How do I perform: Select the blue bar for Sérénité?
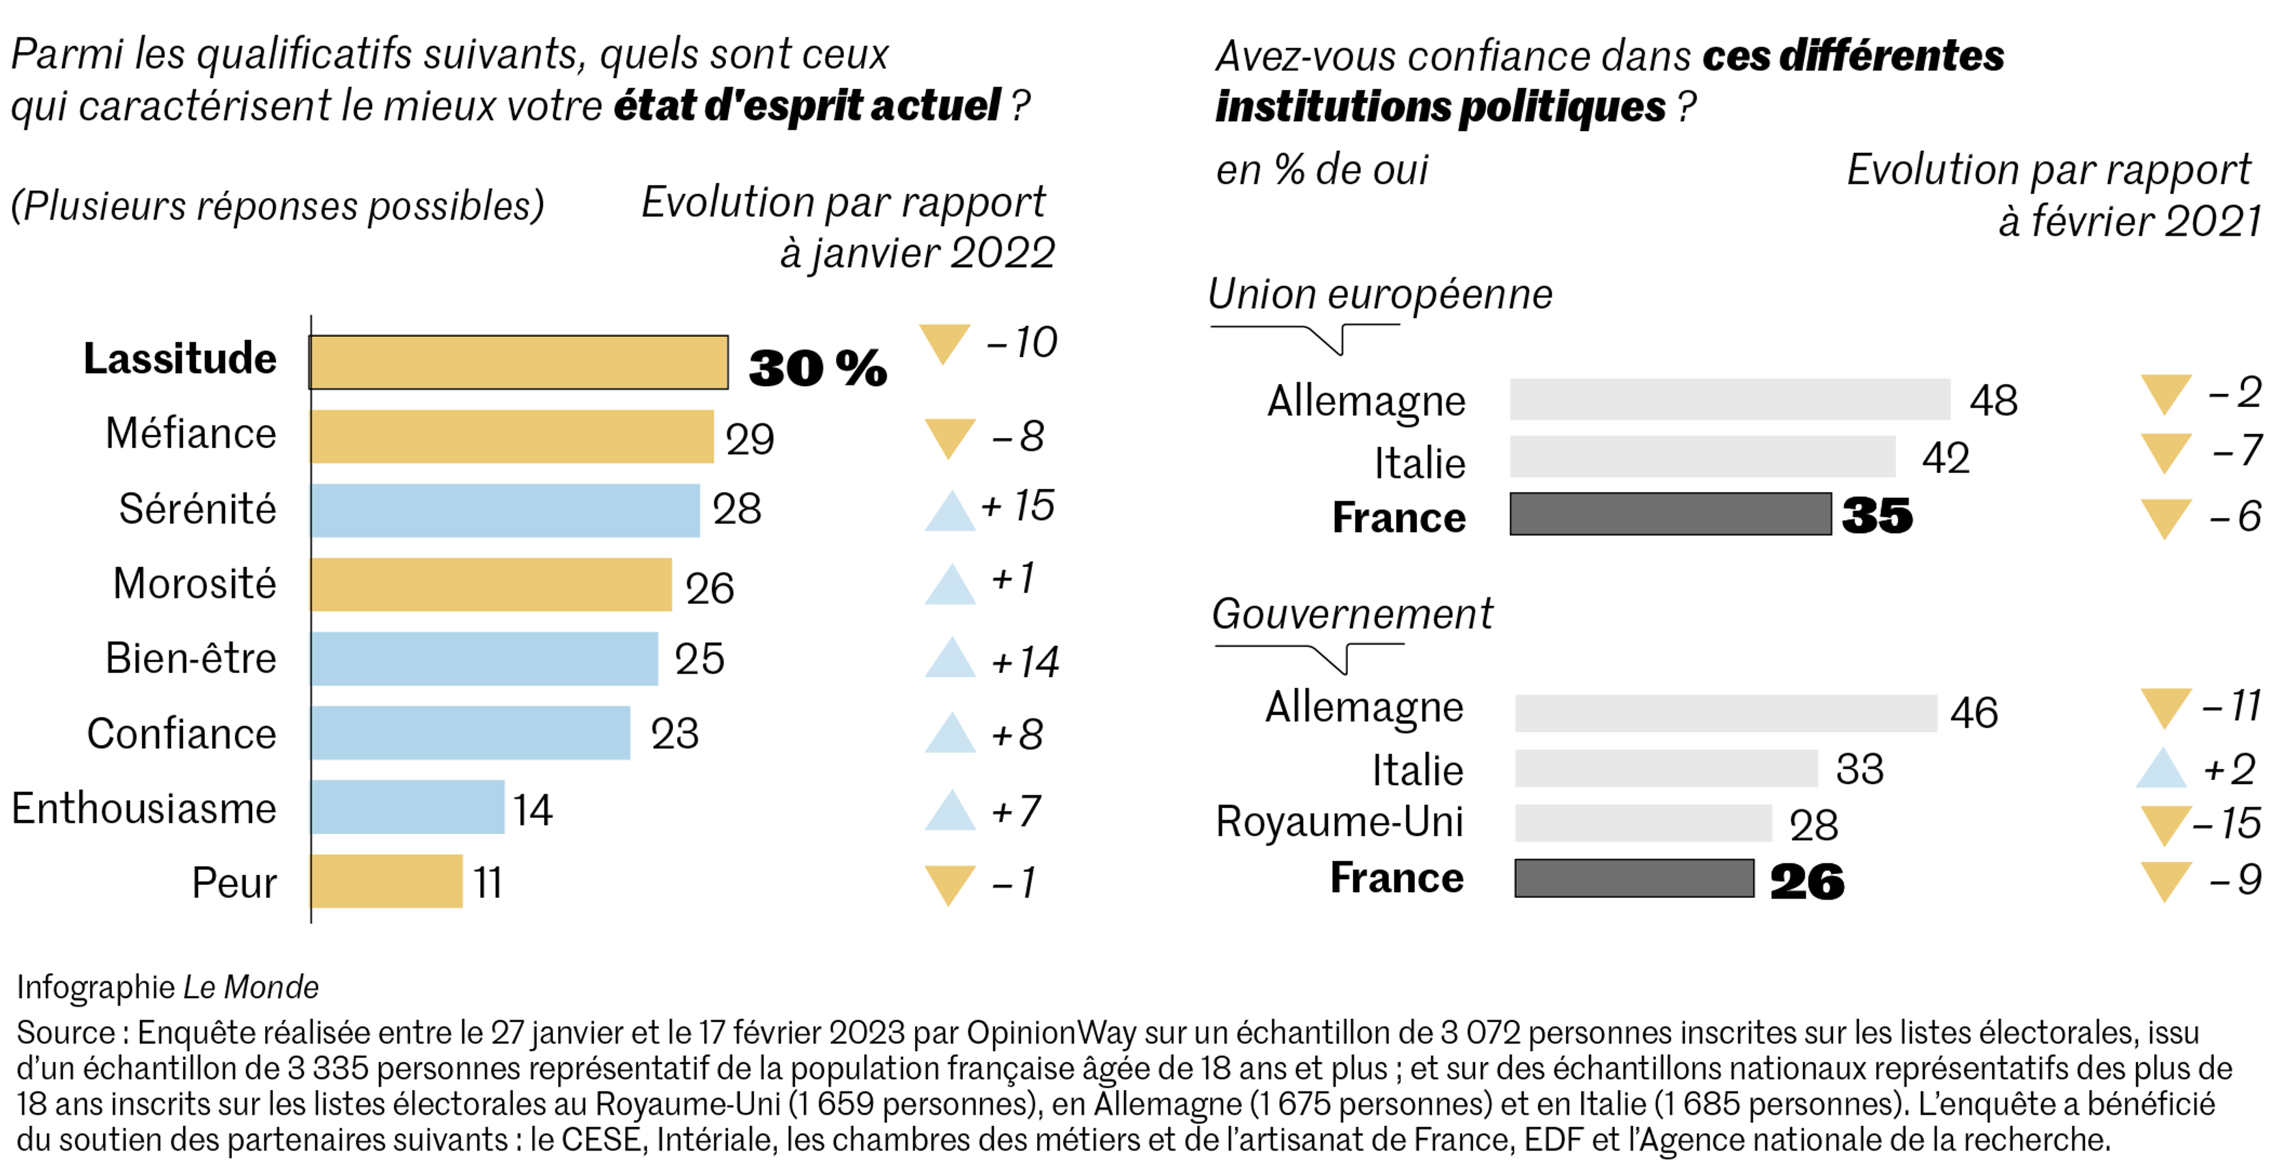click(505, 510)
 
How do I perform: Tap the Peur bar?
click(386, 881)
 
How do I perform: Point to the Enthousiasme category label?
click(144, 809)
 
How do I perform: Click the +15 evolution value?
click(1018, 506)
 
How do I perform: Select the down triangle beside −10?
click(945, 342)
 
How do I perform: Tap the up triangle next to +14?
click(950, 659)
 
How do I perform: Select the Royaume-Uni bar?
click(1643, 823)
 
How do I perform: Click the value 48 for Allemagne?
click(1993, 401)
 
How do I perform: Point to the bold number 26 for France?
click(1806, 882)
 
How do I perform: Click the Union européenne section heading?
click(1379, 294)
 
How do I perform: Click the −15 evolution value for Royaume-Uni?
click(2228, 824)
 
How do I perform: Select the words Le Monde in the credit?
click(251, 987)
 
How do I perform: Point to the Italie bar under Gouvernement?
click(1666, 768)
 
